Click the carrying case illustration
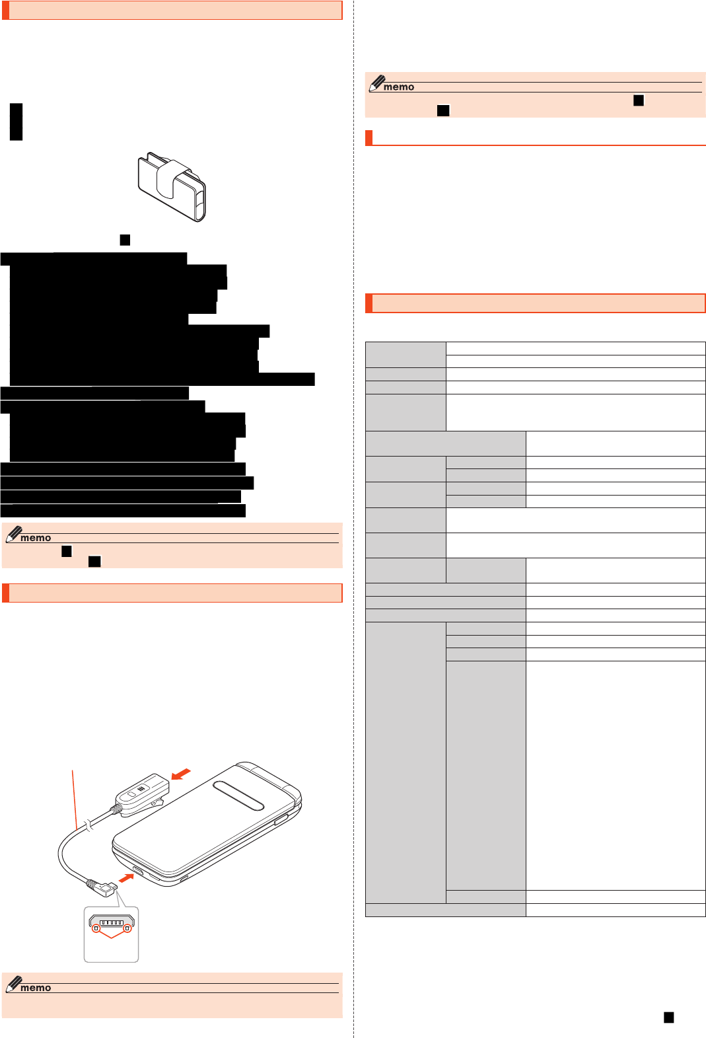[172, 186]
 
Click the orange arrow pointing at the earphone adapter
[181, 774]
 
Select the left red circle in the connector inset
[96, 928]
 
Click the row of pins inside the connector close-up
[111, 922]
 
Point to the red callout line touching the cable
[75, 799]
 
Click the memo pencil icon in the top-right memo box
[378, 83]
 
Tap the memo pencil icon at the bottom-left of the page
[15, 984]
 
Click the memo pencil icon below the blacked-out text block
[15, 535]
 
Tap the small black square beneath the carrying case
[125, 240]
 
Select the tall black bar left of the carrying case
[17, 122]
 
